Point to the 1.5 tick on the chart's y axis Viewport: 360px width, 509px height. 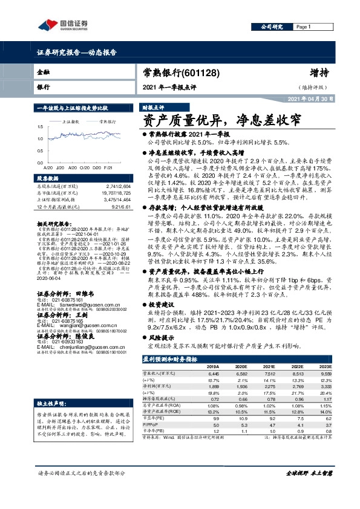coord(40,128)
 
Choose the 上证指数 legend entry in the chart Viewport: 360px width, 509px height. coord(72,122)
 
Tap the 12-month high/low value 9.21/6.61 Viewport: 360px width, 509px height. coord(121,207)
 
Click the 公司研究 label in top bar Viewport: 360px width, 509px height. coord(272,27)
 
